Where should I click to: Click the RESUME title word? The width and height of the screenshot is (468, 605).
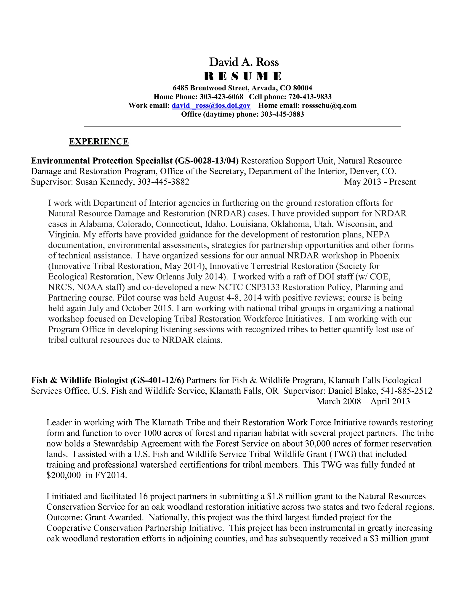coord(243,76)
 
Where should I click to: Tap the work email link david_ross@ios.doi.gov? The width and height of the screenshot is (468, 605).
coord(211,105)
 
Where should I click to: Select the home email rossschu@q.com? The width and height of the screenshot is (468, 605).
coord(329,105)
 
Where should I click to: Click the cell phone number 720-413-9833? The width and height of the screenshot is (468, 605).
coord(310,97)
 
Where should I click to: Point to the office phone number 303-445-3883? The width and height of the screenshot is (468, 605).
coord(282,114)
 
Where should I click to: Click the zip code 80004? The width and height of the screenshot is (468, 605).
coord(303,88)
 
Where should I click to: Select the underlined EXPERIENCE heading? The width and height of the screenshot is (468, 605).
coord(99,142)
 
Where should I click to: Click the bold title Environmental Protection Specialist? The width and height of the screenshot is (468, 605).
coord(102,161)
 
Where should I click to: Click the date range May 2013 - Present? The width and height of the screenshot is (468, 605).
coord(380,182)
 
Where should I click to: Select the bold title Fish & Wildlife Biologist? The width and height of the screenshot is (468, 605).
coord(80,380)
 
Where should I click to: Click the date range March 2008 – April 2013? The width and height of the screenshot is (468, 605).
coord(363,401)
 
